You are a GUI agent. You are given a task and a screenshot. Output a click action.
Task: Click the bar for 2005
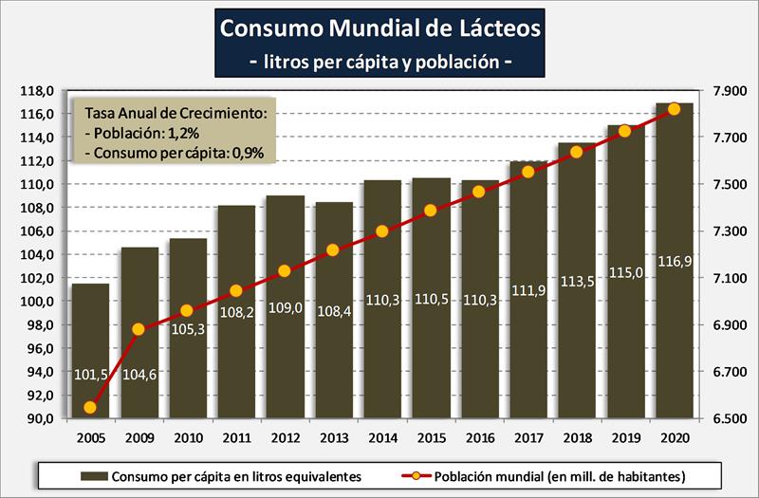(x=91, y=351)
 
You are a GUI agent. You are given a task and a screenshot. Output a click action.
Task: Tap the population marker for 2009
(x=139, y=329)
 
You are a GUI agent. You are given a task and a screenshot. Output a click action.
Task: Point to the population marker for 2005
(x=90, y=408)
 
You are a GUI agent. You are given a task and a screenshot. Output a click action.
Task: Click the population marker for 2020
(x=675, y=109)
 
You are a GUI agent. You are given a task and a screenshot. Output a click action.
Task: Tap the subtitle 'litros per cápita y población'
(x=380, y=63)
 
